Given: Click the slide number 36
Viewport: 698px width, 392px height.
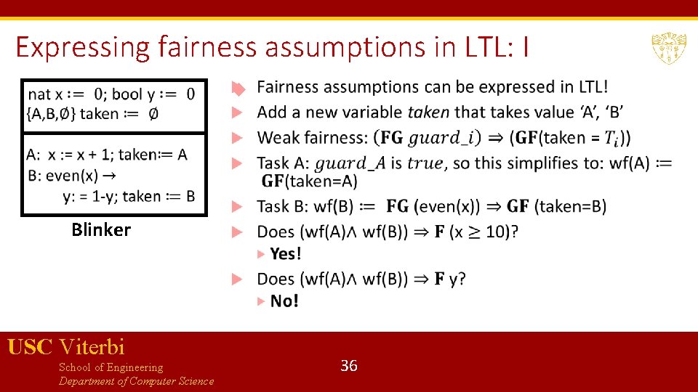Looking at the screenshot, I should coord(349,366).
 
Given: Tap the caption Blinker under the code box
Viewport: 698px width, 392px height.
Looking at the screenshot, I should coord(101,230).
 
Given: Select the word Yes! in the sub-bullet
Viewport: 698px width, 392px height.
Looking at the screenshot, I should coord(285,253).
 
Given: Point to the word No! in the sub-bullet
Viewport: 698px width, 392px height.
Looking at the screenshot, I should coord(284,301).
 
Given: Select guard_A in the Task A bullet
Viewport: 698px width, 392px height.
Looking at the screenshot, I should coord(351,163).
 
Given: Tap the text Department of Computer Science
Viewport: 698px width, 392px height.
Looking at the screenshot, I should coord(136,381).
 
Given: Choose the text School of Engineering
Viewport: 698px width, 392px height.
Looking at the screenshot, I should coord(111,367).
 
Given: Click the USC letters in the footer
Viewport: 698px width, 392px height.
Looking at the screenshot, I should coord(29,347).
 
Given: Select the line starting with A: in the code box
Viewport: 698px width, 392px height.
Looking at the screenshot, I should coord(107,154).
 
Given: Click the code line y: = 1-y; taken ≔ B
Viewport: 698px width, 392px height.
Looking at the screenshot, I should coord(129,195).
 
